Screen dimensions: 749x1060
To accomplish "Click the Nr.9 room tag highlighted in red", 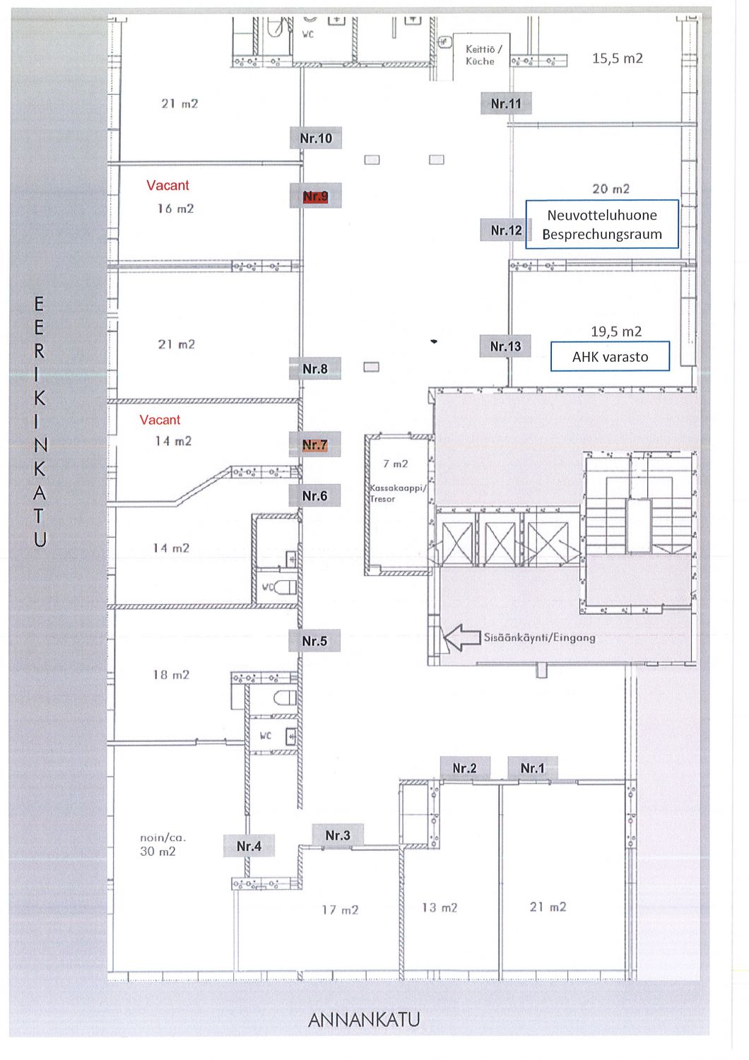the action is [315, 196].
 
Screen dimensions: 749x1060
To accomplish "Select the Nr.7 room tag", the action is [314, 444].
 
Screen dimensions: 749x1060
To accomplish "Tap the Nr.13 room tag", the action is [505, 346].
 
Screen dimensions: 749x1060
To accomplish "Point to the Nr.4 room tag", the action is [249, 846].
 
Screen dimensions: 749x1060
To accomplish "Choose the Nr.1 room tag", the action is [533, 768].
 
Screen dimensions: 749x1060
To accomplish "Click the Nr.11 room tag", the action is [506, 103].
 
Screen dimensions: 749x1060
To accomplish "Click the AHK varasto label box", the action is [610, 356].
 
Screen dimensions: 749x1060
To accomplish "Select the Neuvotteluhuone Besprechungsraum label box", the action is [602, 224].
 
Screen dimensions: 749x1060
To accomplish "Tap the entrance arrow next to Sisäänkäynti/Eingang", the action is [462, 637].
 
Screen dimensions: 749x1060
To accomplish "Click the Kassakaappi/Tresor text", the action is [398, 493].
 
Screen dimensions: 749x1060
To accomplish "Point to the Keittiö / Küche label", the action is [483, 55].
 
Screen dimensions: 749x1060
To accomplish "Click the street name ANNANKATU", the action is [364, 1020].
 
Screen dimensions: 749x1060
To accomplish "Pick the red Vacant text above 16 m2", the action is [167, 185].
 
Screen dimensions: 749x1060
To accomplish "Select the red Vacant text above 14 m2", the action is [160, 420].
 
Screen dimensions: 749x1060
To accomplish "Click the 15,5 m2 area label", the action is [618, 58].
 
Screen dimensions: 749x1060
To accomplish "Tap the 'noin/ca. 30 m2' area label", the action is [163, 844].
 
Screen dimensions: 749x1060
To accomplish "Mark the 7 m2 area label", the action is [396, 464].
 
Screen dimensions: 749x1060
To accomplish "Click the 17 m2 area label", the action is [340, 909].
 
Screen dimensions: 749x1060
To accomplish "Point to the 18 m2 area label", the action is [171, 675].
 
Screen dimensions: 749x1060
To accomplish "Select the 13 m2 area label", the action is [440, 907].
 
